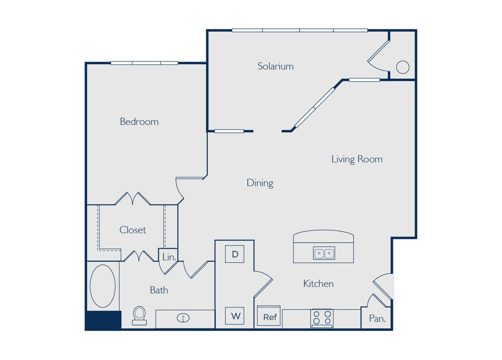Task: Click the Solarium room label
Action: coord(275,66)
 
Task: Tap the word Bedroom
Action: coord(139,122)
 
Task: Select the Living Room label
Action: coord(357,159)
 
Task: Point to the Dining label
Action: coord(260,183)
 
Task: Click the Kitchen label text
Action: coord(318,283)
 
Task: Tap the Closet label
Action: coord(133,230)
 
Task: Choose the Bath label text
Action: coord(159,290)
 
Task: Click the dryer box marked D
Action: coord(234,254)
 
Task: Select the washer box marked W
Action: coord(235,316)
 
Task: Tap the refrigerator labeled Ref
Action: coord(269,317)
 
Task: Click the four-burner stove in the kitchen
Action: coord(322,318)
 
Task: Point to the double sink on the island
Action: coord(324,253)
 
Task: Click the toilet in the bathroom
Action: coord(139,316)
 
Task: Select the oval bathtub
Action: coord(102,286)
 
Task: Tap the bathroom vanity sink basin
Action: coord(184,318)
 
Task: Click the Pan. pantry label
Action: coord(377,318)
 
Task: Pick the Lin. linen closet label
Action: coord(169,257)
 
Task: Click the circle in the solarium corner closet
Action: coord(402,67)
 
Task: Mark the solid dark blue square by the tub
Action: coord(103,320)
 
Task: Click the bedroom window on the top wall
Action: coord(144,63)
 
